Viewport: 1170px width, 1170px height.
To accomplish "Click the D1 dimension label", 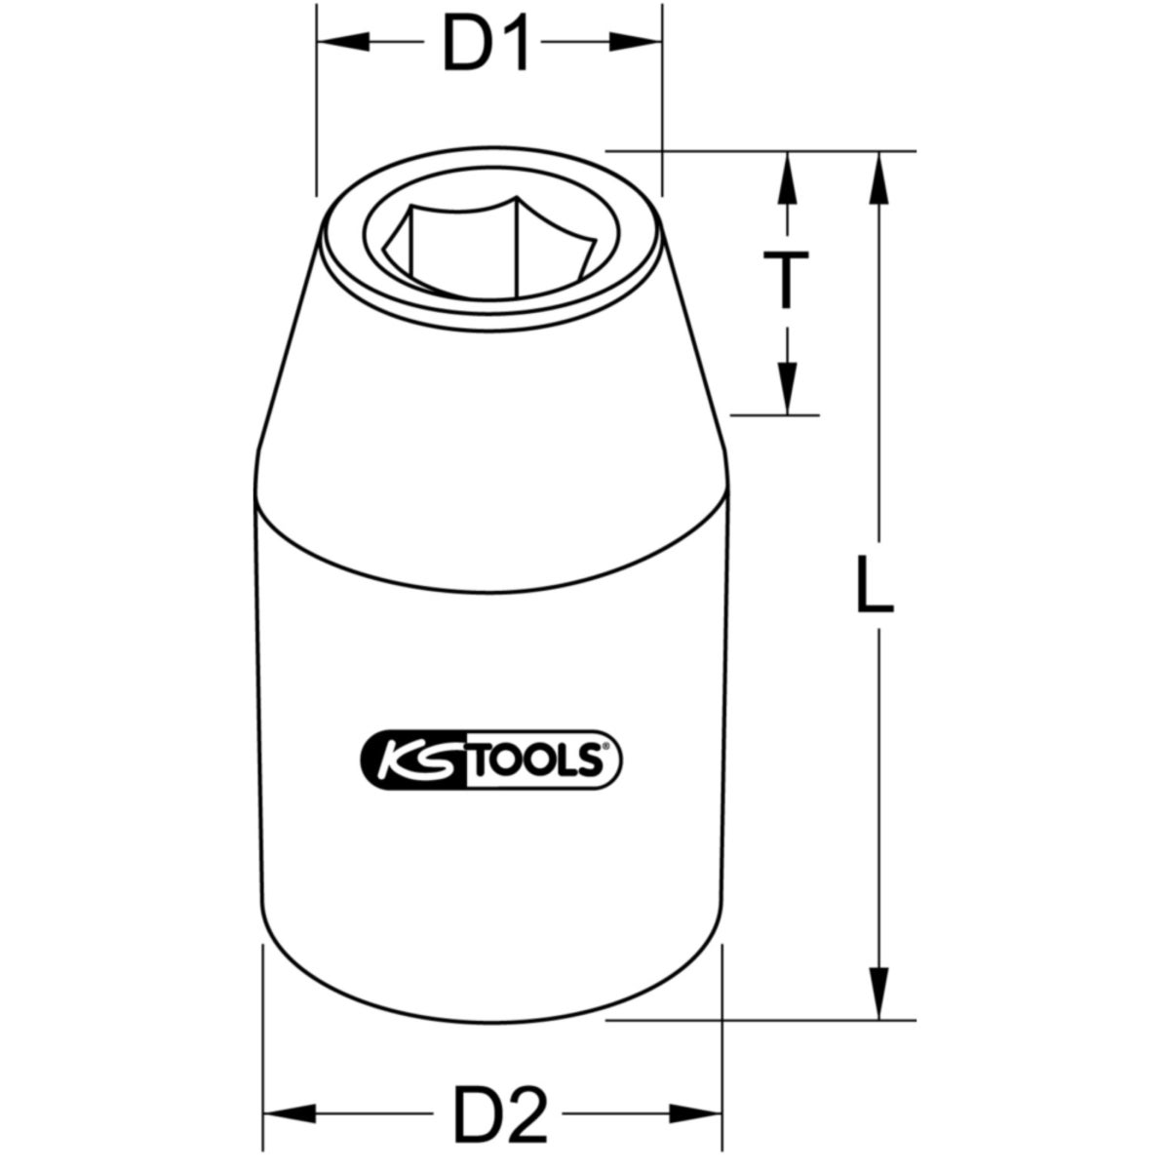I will click(x=486, y=44).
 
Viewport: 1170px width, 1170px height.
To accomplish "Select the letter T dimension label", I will click(x=786, y=281).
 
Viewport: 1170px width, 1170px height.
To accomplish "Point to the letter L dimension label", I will click(x=874, y=584).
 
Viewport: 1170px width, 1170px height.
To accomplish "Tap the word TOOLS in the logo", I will click(x=547, y=758).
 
